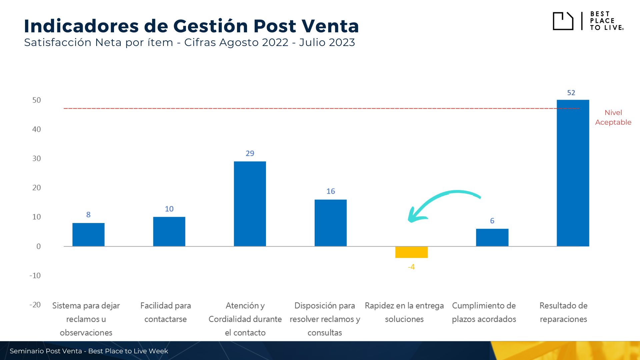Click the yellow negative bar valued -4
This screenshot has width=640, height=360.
pos(411,252)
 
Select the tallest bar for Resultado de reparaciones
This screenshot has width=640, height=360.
pos(573,173)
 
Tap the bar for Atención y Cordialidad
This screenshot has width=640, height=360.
pos(250,204)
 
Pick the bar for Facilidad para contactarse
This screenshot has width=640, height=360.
pos(169,232)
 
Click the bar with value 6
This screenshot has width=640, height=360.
pos(492,237)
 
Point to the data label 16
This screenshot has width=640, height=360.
pos(330,191)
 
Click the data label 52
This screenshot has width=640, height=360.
pos(571,93)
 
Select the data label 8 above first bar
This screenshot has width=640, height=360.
pos(88,215)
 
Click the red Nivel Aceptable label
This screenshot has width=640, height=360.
pos(613,117)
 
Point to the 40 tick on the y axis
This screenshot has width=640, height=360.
pos(36,129)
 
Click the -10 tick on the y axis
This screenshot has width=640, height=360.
pos(35,276)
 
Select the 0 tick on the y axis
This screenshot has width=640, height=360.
pos(38,246)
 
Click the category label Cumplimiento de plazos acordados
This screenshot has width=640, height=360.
pos(484,312)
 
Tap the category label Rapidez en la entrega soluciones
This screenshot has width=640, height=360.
pos(404,312)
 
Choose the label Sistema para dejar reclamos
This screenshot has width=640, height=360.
pos(86,319)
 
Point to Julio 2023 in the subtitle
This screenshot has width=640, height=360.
pos(327,43)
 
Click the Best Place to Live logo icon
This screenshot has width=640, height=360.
pos(563,21)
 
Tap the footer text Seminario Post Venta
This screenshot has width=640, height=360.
pos(46,351)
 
